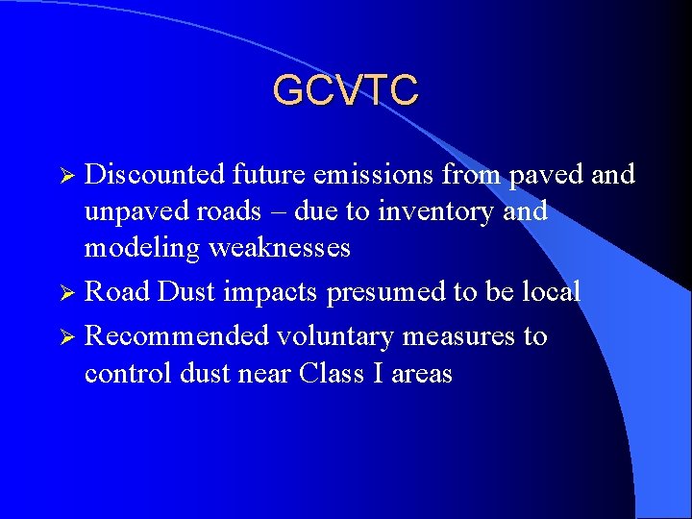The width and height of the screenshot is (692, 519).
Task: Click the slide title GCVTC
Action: pos(345,90)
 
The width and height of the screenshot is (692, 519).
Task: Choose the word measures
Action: pos(465,336)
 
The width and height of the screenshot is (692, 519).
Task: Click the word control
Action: pos(128,373)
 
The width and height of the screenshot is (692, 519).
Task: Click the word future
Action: pos(266,174)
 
